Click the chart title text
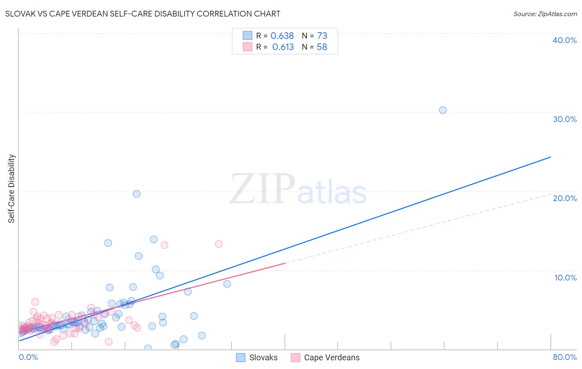[x=142, y=14]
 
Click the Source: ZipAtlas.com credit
[x=545, y=14]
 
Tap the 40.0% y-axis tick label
[x=564, y=40]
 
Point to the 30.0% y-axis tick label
[x=564, y=119]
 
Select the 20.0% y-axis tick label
[x=564, y=198]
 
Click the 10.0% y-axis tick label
[x=565, y=278]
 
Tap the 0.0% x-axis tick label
[x=28, y=357]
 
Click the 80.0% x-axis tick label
[x=565, y=357]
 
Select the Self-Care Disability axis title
[x=12, y=189]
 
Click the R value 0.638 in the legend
[x=282, y=36]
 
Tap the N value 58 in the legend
[x=322, y=47]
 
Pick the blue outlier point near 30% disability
[x=443, y=110]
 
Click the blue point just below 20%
[x=137, y=194]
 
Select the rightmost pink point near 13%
[x=219, y=244]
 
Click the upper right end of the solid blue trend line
[x=551, y=157]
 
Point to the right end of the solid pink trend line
[x=285, y=263]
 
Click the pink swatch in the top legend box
[x=247, y=47]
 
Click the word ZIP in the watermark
[x=262, y=189]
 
